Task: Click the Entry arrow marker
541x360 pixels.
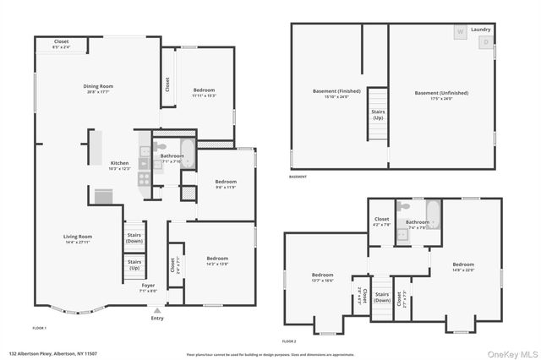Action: point(157,309)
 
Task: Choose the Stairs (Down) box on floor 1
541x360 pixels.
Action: point(134,237)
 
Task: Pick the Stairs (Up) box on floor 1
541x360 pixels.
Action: point(134,265)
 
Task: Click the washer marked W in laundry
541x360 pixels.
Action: point(461,32)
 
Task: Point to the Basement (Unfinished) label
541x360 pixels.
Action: point(441,95)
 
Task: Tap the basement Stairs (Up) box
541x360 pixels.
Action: point(377,115)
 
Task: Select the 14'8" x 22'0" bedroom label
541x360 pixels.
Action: point(463,267)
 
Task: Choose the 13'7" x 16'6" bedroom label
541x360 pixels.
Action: point(323,277)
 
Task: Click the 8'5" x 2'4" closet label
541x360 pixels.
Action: point(62,44)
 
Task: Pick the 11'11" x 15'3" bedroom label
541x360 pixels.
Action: point(204,92)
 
